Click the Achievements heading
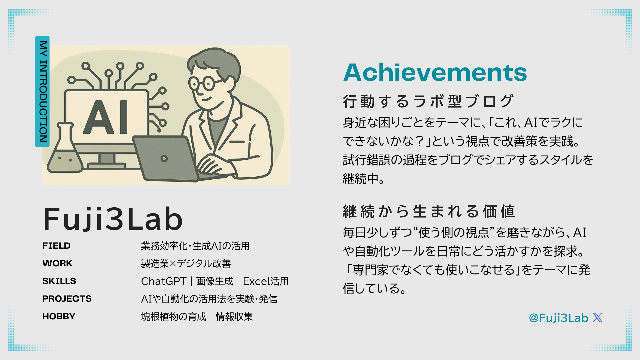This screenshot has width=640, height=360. (x=435, y=72)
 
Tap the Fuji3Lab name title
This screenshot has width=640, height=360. (x=113, y=219)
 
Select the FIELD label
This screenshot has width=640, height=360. (x=56, y=246)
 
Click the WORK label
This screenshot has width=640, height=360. (x=57, y=263)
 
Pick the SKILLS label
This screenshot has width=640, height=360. (x=59, y=281)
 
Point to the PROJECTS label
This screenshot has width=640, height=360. (x=67, y=299)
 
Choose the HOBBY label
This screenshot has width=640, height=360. (x=59, y=316)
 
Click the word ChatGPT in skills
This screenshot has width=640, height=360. (x=164, y=281)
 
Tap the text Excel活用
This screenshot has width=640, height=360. (x=266, y=281)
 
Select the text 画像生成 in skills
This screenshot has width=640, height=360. (x=215, y=281)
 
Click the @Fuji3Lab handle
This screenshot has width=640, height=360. (x=558, y=318)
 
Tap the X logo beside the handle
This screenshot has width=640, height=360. (x=598, y=318)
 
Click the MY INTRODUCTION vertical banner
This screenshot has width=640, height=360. (x=42, y=91)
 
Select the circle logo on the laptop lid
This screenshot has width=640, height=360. (x=164, y=159)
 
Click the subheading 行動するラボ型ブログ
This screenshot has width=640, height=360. (x=428, y=101)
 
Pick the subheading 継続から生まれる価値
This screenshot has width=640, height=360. (x=429, y=211)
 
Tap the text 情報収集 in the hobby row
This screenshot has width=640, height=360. (x=234, y=317)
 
